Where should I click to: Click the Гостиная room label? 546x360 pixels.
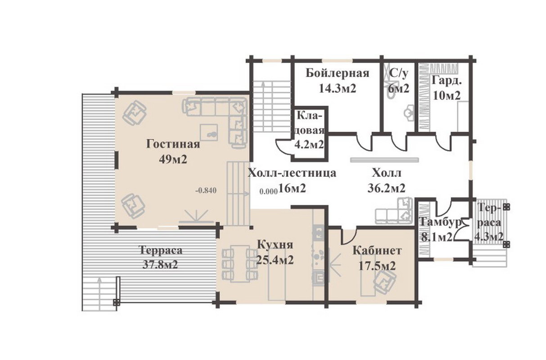(x=173, y=144)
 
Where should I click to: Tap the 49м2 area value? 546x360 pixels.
(x=173, y=160)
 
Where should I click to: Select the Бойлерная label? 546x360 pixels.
(x=338, y=73)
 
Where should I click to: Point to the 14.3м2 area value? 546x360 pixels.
(x=338, y=89)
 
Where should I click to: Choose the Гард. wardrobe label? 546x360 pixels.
(x=447, y=81)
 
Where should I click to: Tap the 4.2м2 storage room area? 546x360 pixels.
(x=309, y=145)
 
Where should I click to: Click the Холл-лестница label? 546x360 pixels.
(x=292, y=173)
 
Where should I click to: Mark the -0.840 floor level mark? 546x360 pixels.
(x=206, y=190)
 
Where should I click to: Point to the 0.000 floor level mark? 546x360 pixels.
(x=269, y=192)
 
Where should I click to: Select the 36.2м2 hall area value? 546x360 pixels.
(x=386, y=188)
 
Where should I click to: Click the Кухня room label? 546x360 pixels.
(x=275, y=245)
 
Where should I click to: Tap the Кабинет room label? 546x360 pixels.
(x=377, y=251)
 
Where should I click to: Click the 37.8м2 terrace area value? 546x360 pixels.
(x=160, y=265)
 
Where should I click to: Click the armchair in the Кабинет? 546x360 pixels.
(x=385, y=282)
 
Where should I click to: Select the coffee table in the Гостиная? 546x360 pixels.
(x=209, y=133)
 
